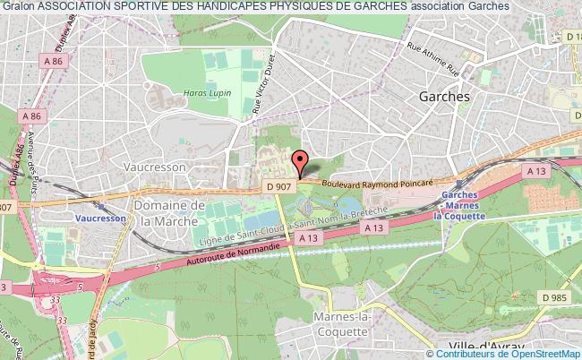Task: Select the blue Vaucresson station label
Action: (98, 217)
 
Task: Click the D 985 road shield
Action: (555, 296)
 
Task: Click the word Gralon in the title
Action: (18, 6)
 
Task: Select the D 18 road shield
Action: (573, 37)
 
